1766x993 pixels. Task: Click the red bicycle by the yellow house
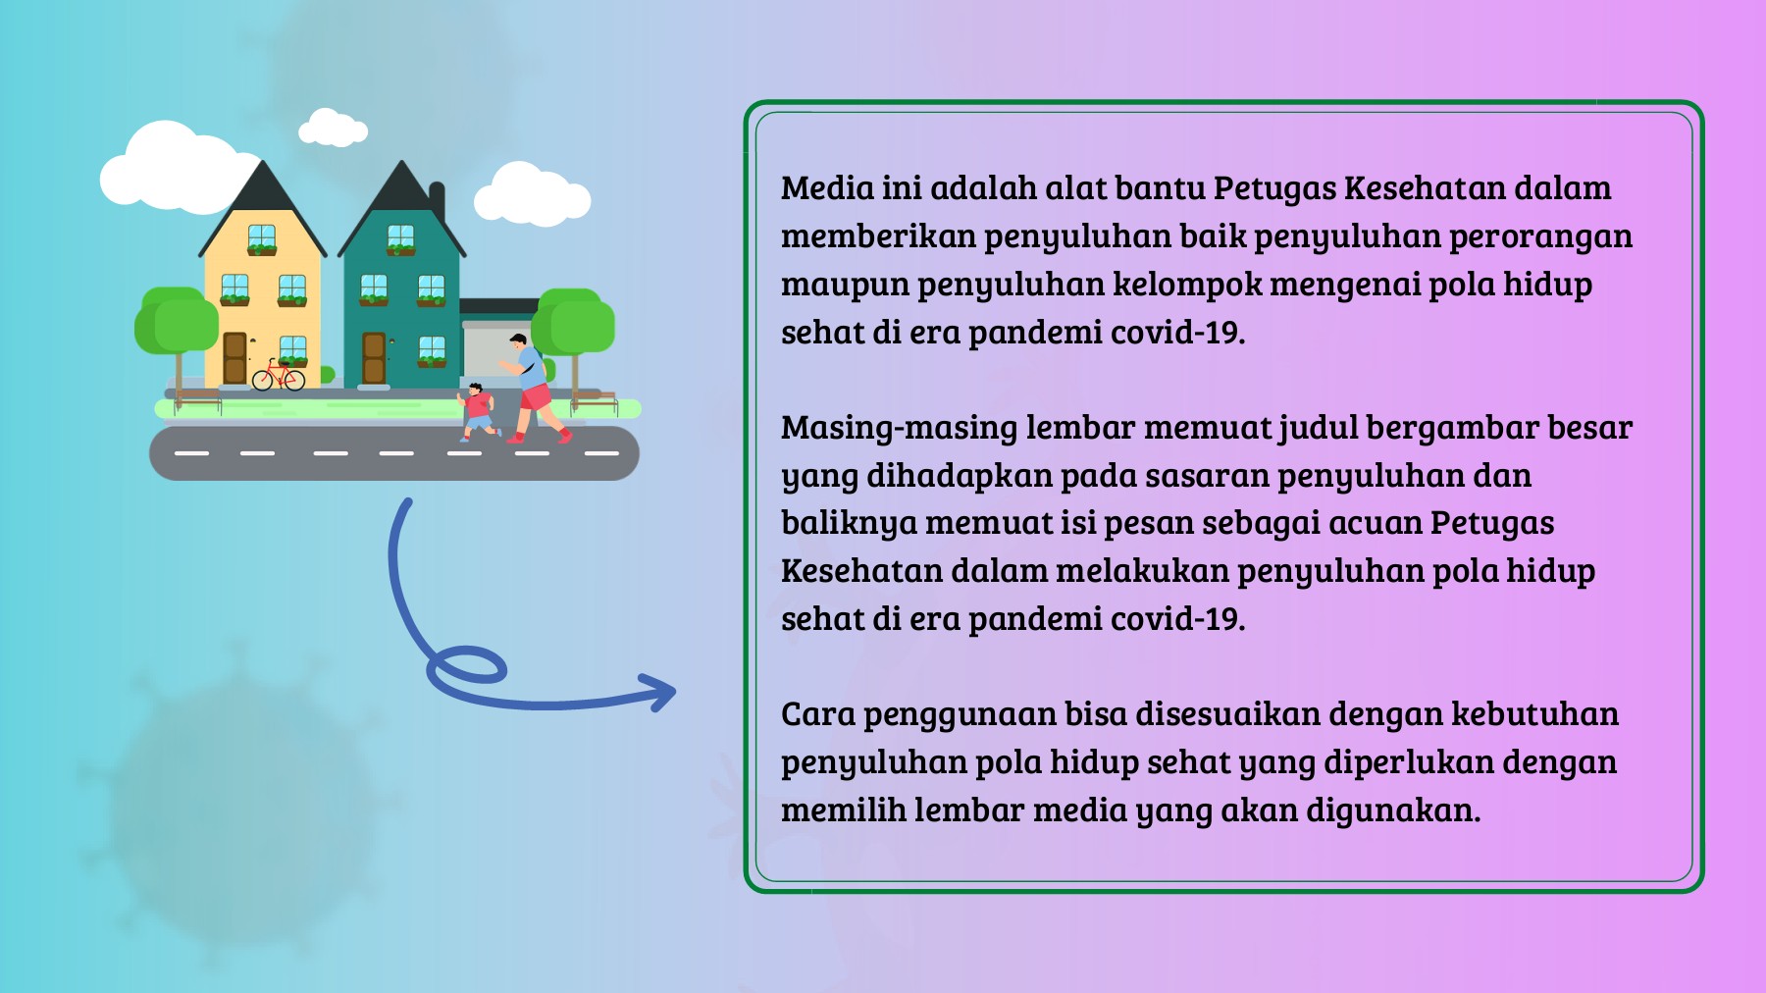coord(279,376)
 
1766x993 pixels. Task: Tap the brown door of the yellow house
coord(234,357)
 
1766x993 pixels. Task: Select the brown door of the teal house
coord(374,357)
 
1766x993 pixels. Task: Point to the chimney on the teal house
coord(437,202)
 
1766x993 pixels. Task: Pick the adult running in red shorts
coord(531,388)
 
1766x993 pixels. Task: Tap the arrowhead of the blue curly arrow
coord(661,693)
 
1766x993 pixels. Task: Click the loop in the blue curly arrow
coord(467,667)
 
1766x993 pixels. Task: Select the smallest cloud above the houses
coord(333,128)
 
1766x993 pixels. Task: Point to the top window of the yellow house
coord(261,238)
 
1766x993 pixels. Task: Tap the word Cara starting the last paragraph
coord(818,714)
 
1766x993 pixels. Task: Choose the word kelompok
coord(1186,285)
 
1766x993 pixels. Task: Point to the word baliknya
coord(849,524)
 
